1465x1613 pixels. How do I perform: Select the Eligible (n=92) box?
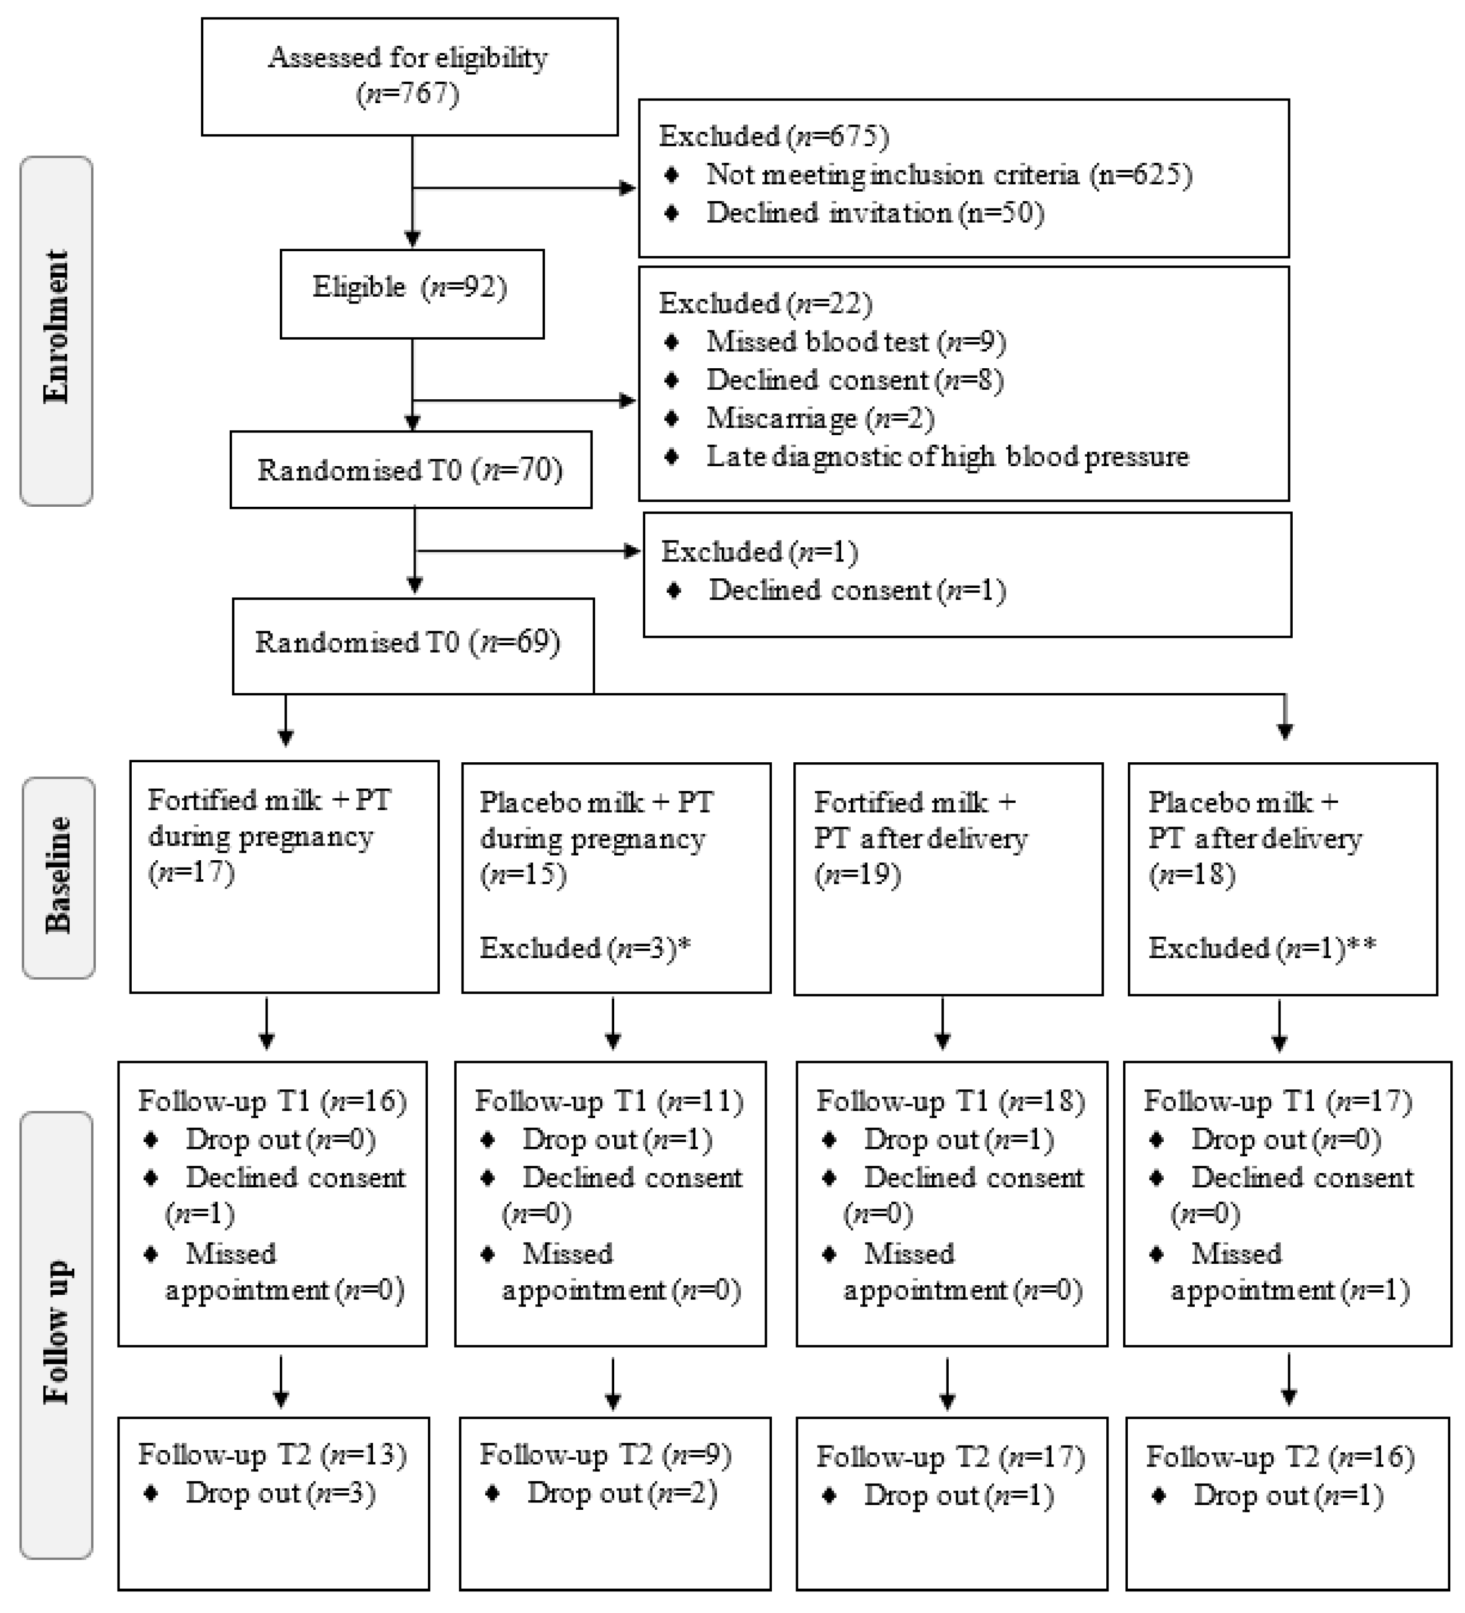(x=411, y=293)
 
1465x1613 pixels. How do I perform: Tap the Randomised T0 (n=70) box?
(x=410, y=470)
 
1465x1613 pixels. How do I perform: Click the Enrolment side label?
(x=56, y=330)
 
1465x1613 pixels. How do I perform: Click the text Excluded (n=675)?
(x=773, y=137)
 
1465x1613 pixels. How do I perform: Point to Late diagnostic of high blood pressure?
(x=947, y=457)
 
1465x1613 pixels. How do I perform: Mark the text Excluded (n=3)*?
(x=585, y=948)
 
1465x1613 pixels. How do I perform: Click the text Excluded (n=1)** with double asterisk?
(x=1262, y=948)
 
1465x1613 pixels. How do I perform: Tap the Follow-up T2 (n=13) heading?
(x=272, y=1454)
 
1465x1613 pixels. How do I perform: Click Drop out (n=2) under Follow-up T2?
(x=622, y=1493)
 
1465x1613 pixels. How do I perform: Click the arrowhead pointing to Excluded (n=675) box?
(x=630, y=188)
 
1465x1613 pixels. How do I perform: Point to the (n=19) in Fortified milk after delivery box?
(x=858, y=874)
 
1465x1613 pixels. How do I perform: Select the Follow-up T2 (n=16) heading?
(x=1280, y=1457)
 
